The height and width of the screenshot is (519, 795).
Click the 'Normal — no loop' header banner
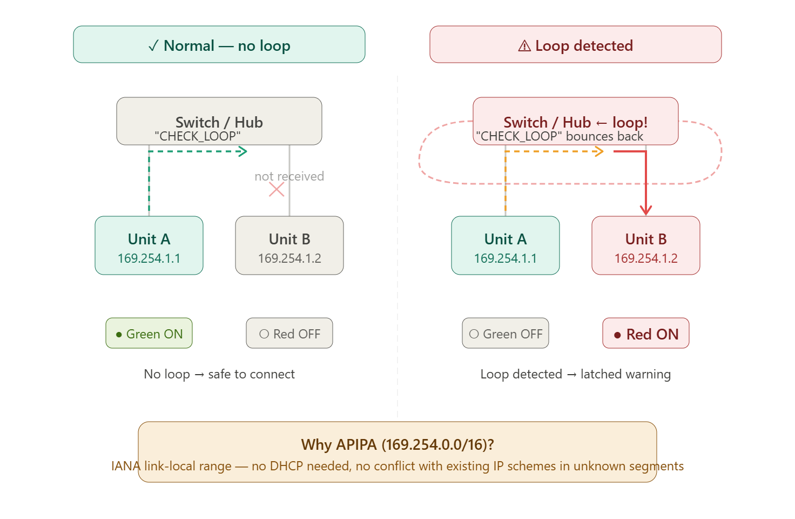(x=219, y=44)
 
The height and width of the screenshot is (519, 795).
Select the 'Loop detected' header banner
(x=575, y=44)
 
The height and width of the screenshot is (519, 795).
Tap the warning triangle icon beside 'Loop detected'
(x=524, y=46)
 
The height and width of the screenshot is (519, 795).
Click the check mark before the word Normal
(x=153, y=46)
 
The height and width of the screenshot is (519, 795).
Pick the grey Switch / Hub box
(x=219, y=121)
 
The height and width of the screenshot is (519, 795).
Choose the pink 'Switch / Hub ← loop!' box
(x=575, y=121)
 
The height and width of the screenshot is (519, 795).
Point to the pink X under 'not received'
(x=277, y=189)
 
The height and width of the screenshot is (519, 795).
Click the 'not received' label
(x=289, y=176)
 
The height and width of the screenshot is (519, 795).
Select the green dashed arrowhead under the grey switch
(x=243, y=151)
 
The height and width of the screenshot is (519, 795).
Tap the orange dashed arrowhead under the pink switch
(x=599, y=151)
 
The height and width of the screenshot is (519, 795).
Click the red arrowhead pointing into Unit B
(x=646, y=210)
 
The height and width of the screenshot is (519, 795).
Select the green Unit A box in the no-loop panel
(x=149, y=245)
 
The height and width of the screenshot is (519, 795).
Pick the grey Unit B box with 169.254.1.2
(x=289, y=245)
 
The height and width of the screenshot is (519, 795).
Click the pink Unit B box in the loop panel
(x=646, y=245)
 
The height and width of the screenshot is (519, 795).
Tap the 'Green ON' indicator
(x=149, y=333)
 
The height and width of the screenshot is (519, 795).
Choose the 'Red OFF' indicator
(x=289, y=333)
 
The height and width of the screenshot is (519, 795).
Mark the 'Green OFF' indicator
(x=506, y=333)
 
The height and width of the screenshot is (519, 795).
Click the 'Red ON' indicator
(x=646, y=333)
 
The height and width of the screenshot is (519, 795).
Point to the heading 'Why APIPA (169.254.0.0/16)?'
(x=398, y=445)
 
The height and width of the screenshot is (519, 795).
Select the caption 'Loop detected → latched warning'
(x=575, y=375)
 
